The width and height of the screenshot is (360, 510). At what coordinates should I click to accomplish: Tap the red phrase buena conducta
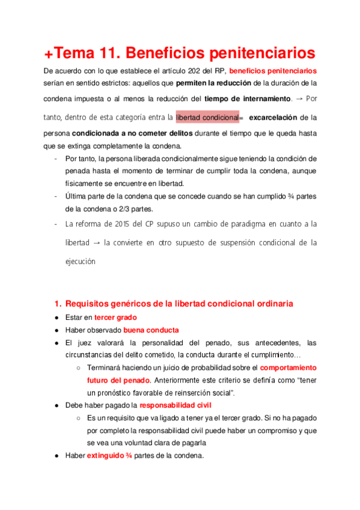tap(151, 330)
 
